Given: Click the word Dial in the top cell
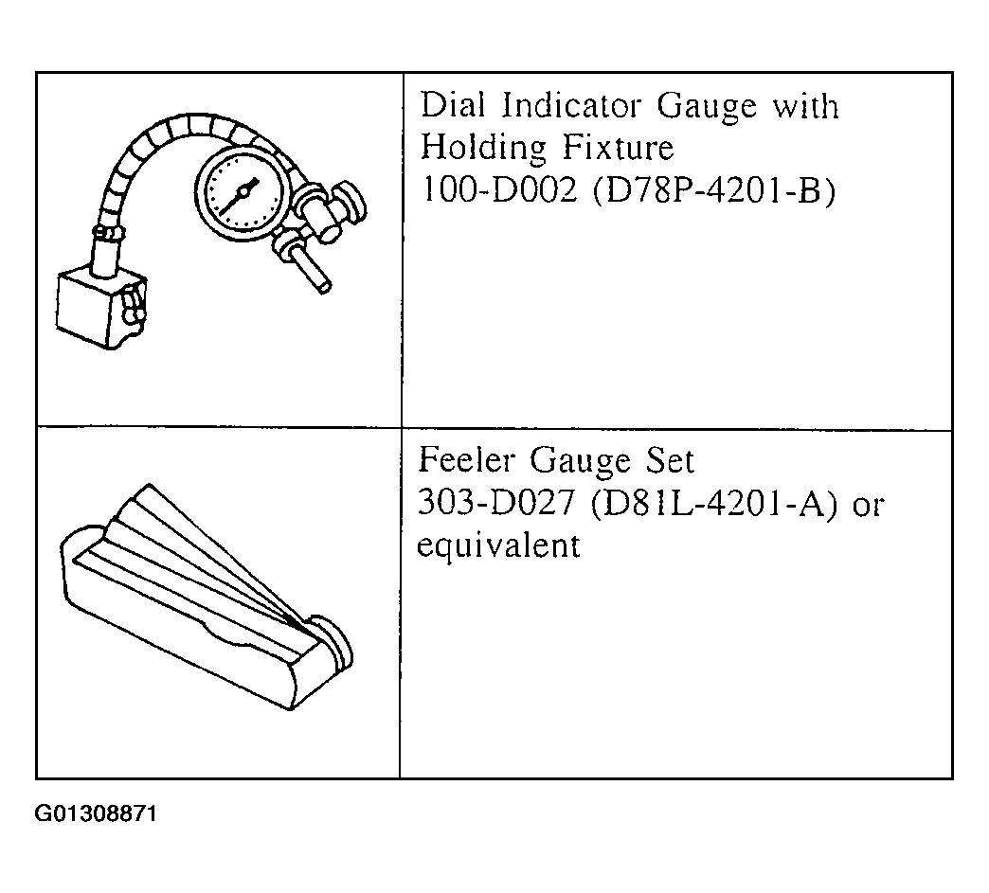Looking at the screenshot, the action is click(453, 105).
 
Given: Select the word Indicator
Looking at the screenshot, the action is click(571, 105).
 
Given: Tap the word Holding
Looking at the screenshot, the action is click(483, 149).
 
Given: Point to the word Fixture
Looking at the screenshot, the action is click(618, 148).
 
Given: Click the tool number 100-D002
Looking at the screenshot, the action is click(498, 188).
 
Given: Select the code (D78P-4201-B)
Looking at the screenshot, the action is click(714, 189).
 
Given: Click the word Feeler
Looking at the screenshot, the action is click(466, 460).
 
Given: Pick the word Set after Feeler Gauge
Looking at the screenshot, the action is click(669, 460).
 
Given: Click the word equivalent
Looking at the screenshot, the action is click(498, 545).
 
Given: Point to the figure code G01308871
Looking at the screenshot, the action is click(96, 814).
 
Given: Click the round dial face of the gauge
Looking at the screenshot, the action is click(243, 191).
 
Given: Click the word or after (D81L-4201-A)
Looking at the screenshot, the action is click(868, 505).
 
